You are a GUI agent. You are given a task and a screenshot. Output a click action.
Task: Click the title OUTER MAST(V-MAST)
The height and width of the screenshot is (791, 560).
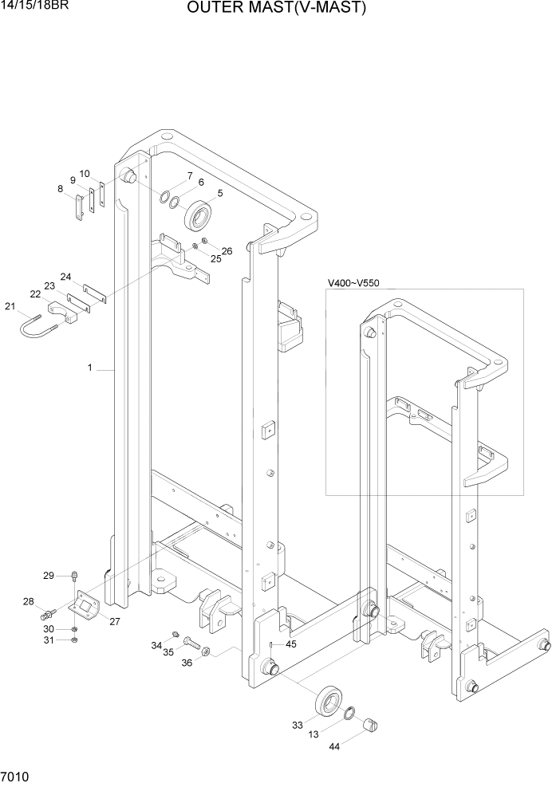pyautogui.click(x=277, y=9)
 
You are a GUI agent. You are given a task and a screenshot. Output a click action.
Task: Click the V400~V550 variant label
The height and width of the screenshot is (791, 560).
pyautogui.click(x=354, y=283)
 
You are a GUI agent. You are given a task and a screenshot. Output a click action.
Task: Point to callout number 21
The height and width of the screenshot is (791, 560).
pyautogui.click(x=10, y=306)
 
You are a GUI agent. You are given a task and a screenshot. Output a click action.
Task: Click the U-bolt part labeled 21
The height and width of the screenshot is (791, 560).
pyautogui.click(x=35, y=326)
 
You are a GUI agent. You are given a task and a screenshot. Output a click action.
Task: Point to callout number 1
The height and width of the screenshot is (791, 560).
pyautogui.click(x=90, y=368)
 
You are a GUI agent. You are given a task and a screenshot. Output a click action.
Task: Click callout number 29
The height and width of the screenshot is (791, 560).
pyautogui.click(x=48, y=576)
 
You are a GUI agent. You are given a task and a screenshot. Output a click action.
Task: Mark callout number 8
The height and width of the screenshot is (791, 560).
pyautogui.click(x=60, y=189)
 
